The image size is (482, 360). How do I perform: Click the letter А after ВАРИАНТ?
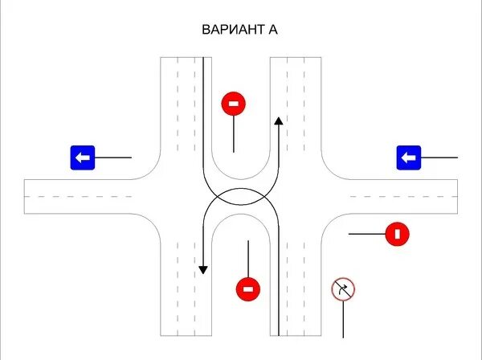pyautogui.click(x=273, y=30)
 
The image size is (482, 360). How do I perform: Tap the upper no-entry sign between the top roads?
pyautogui.click(x=233, y=103)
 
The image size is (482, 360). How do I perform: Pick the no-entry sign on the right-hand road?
pyautogui.click(x=397, y=235)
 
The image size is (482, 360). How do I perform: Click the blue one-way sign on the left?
pyautogui.click(x=83, y=157)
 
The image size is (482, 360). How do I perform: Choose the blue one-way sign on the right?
pyautogui.click(x=409, y=157)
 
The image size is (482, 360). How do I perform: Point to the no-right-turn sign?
pyautogui.click(x=343, y=289)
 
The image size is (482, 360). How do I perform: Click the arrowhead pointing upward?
pyautogui.click(x=279, y=121)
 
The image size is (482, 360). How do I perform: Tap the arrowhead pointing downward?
pyautogui.click(x=203, y=268)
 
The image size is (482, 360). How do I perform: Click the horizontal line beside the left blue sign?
pyautogui.click(x=113, y=157)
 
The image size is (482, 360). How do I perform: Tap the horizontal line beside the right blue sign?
pyautogui.click(x=439, y=157)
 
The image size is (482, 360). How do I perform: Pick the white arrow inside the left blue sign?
pyautogui.click(x=82, y=157)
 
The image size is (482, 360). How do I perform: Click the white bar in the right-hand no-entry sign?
pyautogui.click(x=397, y=235)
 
